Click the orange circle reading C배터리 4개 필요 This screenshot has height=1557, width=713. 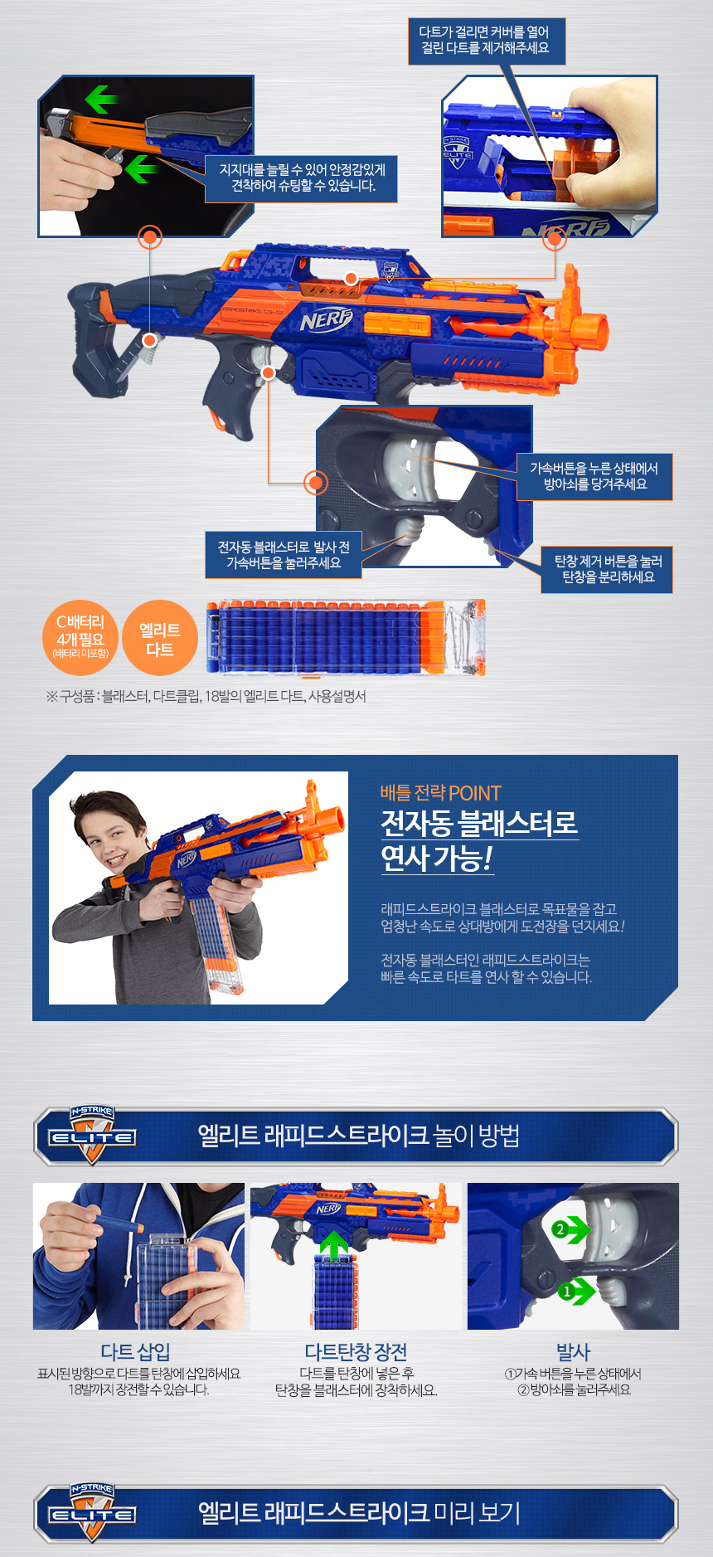click(80, 637)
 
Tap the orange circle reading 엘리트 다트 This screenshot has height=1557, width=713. click(160, 637)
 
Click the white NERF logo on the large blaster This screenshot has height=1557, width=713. click(326, 319)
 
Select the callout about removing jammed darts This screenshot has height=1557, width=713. click(485, 41)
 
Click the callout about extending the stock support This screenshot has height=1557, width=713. click(302, 178)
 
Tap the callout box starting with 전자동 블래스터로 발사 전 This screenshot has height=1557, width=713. click(284, 555)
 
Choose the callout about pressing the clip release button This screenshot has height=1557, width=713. click(607, 569)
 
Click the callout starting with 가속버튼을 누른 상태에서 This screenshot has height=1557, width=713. click(594, 476)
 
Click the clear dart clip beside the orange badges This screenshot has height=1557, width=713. click(346, 637)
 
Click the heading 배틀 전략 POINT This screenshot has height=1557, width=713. click(440, 793)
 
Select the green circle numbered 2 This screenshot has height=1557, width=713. click(560, 1229)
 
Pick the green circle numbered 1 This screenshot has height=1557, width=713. click(567, 1292)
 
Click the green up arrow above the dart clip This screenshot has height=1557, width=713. click(334, 1246)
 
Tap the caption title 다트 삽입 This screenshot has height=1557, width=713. click(135, 1352)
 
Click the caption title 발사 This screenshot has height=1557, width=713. click(573, 1352)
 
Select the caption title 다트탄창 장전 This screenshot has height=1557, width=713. click(356, 1352)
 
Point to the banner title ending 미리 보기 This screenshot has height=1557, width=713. click(359, 1513)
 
